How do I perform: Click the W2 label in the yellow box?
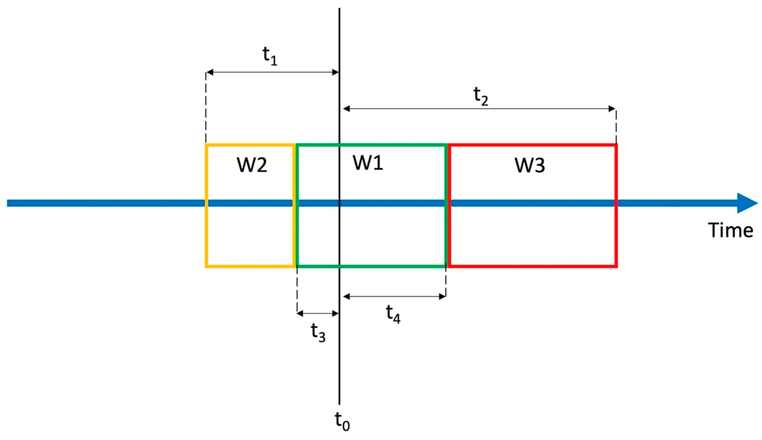tap(252, 165)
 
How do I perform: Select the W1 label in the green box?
tap(368, 163)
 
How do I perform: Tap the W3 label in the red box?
tap(530, 166)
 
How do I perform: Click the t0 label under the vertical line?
tap(342, 421)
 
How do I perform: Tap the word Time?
tap(730, 231)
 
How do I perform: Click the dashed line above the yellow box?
tap(206, 109)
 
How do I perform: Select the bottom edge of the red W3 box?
tap(533, 266)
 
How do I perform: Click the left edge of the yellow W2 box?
tap(206, 205)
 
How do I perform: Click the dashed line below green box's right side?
tap(446, 281)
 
